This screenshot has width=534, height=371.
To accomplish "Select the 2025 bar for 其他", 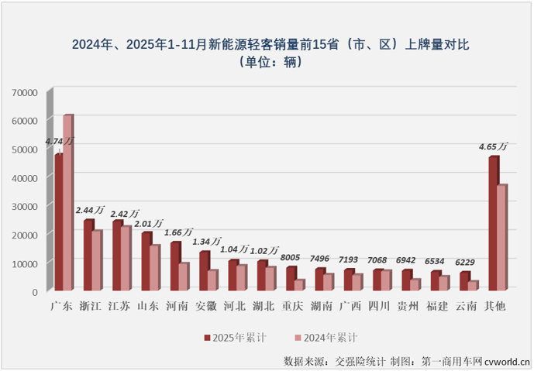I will pos(493,225).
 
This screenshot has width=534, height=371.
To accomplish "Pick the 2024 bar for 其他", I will pos(501,238).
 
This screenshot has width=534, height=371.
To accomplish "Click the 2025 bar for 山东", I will pos(146,262).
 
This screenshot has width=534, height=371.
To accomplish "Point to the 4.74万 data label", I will pos(60,142).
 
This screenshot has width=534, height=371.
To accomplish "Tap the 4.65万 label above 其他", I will pos(493,146).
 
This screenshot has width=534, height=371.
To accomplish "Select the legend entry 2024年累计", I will pos(326,338).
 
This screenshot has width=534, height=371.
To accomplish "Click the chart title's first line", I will pos(266,45).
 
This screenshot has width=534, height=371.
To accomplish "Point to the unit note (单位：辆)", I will pos(266,62).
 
